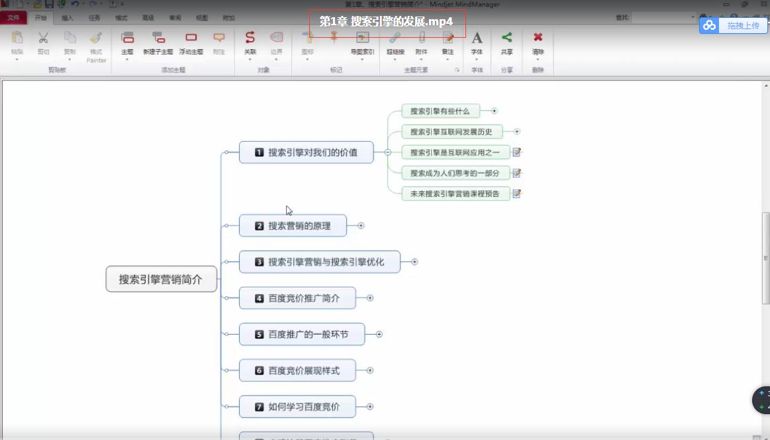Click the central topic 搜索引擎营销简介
162,279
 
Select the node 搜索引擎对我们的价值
306,152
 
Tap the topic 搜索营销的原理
293,226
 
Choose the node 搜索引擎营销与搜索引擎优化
320,262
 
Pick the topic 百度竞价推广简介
297,298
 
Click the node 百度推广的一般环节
301,335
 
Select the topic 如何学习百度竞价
297,407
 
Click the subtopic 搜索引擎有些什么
440,111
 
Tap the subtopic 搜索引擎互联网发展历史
452,132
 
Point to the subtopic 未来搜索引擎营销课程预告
456,193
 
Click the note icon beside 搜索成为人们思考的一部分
517,173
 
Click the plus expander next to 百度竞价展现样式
370,371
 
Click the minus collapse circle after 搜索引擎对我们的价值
387,152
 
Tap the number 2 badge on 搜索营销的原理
260,226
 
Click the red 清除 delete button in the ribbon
538,43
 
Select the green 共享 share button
506,43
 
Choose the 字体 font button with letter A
477,43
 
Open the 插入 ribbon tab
68,18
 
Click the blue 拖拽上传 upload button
734,25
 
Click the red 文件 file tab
13,18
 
